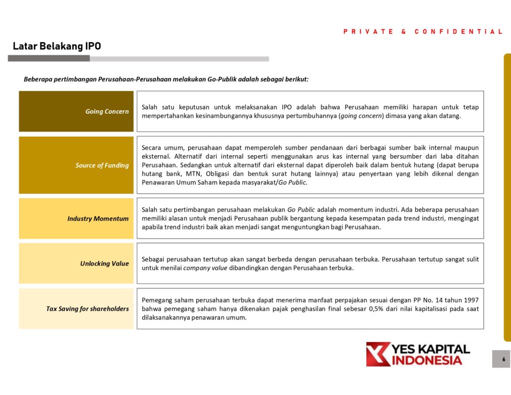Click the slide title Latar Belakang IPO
(x=57, y=46)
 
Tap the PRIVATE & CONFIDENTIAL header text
(x=423, y=31)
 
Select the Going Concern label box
(x=76, y=111)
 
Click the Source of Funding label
(x=102, y=165)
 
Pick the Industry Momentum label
(x=98, y=219)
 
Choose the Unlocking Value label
(x=104, y=264)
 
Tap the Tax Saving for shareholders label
(x=87, y=309)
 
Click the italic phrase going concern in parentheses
(x=361, y=116)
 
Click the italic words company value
(x=205, y=268)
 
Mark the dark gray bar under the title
(x=49, y=58)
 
